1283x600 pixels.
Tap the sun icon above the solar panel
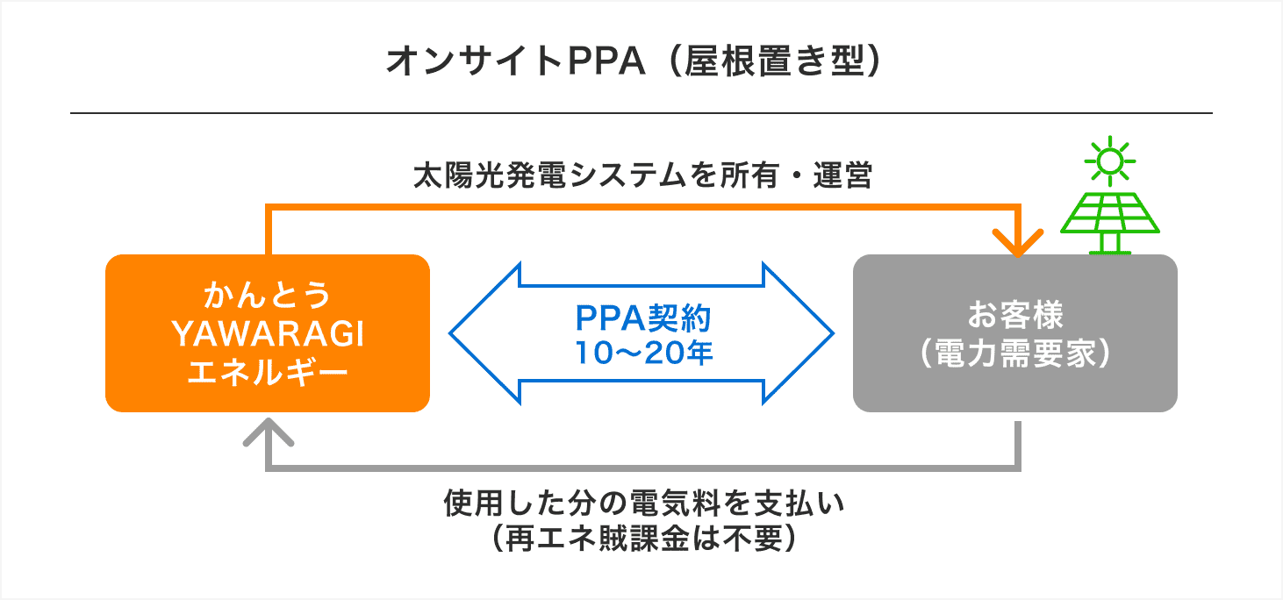[x=1109, y=161]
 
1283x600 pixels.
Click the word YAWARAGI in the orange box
[x=268, y=334]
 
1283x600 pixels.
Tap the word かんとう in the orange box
[x=268, y=296]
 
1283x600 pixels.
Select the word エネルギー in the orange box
[x=268, y=373]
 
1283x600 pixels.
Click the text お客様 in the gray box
[x=1015, y=314]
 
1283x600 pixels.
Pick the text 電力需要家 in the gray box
[x=1015, y=354]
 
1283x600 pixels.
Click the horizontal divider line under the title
[x=641, y=113]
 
